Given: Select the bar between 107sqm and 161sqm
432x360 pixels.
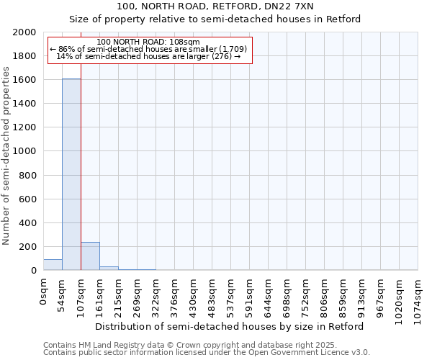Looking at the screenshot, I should pos(90,256).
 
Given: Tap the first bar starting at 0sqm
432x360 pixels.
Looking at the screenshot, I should pos(53,265).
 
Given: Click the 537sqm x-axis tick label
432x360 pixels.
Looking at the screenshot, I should pos(231,294).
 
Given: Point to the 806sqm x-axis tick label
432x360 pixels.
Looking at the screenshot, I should pos(325,294).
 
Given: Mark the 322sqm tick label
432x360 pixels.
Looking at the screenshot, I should pos(156,294).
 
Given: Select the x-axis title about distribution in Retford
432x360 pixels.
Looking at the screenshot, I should pos(230,326).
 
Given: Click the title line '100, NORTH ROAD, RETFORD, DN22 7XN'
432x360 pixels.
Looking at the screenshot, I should pos(215,6).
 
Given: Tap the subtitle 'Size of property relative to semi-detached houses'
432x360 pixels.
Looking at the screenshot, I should pos(215,19).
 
